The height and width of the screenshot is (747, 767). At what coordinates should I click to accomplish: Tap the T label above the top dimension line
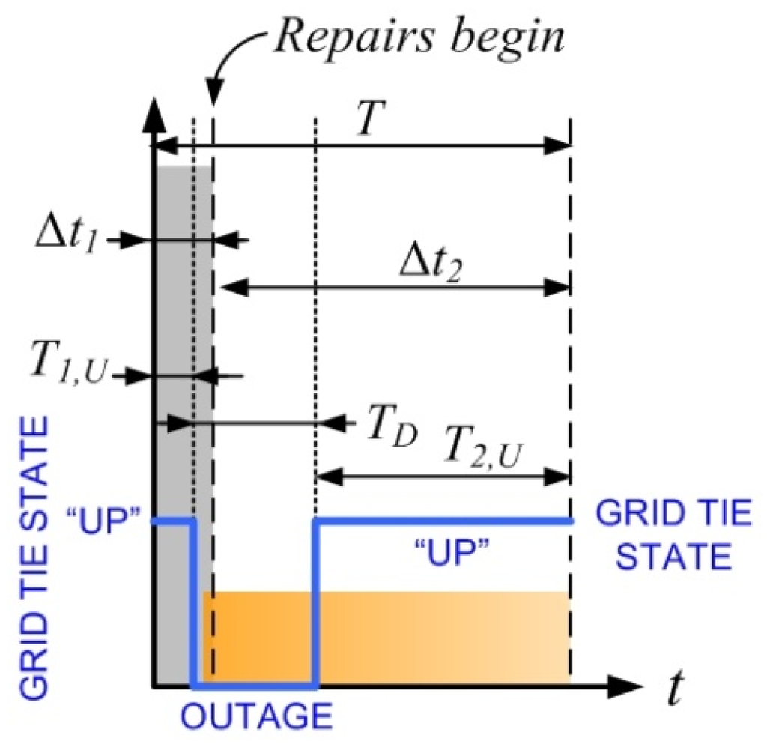pyautogui.click(x=365, y=120)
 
